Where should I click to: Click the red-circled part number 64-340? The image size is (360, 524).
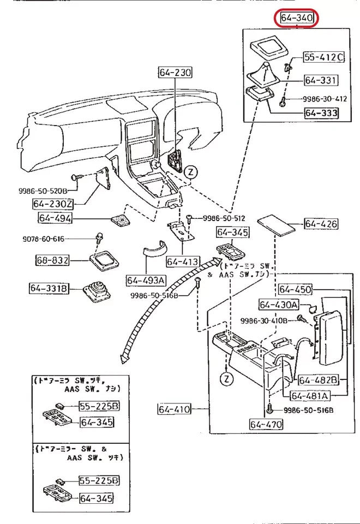pos(297,19)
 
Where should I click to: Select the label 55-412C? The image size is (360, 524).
pos(324,57)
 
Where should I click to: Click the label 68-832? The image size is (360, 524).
pos(53,260)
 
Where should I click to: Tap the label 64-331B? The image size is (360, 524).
pos(50,287)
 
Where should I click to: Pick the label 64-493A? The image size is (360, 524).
pos(146,280)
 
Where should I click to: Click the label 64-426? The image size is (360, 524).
pos(321,224)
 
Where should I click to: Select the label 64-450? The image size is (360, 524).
pos(295,289)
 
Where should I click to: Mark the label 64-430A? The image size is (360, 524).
pos(278,305)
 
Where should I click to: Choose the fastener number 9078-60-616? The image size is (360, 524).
pos(43,239)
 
